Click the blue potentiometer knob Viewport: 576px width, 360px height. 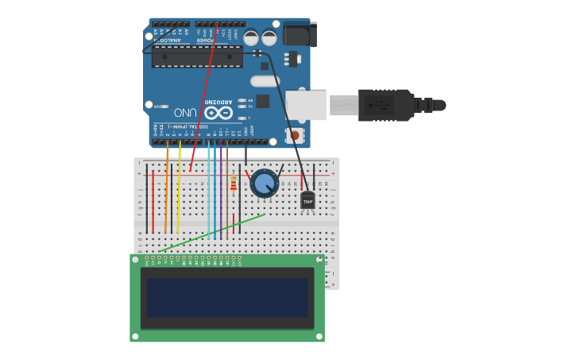point(265,184)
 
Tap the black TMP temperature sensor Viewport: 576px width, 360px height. point(307,201)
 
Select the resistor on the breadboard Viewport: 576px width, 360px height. point(233,185)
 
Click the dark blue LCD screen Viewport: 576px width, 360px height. point(227,297)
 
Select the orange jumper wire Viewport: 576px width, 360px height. point(167,191)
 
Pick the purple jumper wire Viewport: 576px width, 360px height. point(221,191)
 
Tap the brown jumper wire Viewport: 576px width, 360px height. point(227,199)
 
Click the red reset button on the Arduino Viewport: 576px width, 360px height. point(296,136)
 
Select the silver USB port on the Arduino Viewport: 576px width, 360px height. point(306,105)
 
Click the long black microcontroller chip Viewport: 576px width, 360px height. point(197,56)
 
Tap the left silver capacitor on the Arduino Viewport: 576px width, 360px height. point(251,37)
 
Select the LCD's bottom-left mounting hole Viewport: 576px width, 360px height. point(135,336)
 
